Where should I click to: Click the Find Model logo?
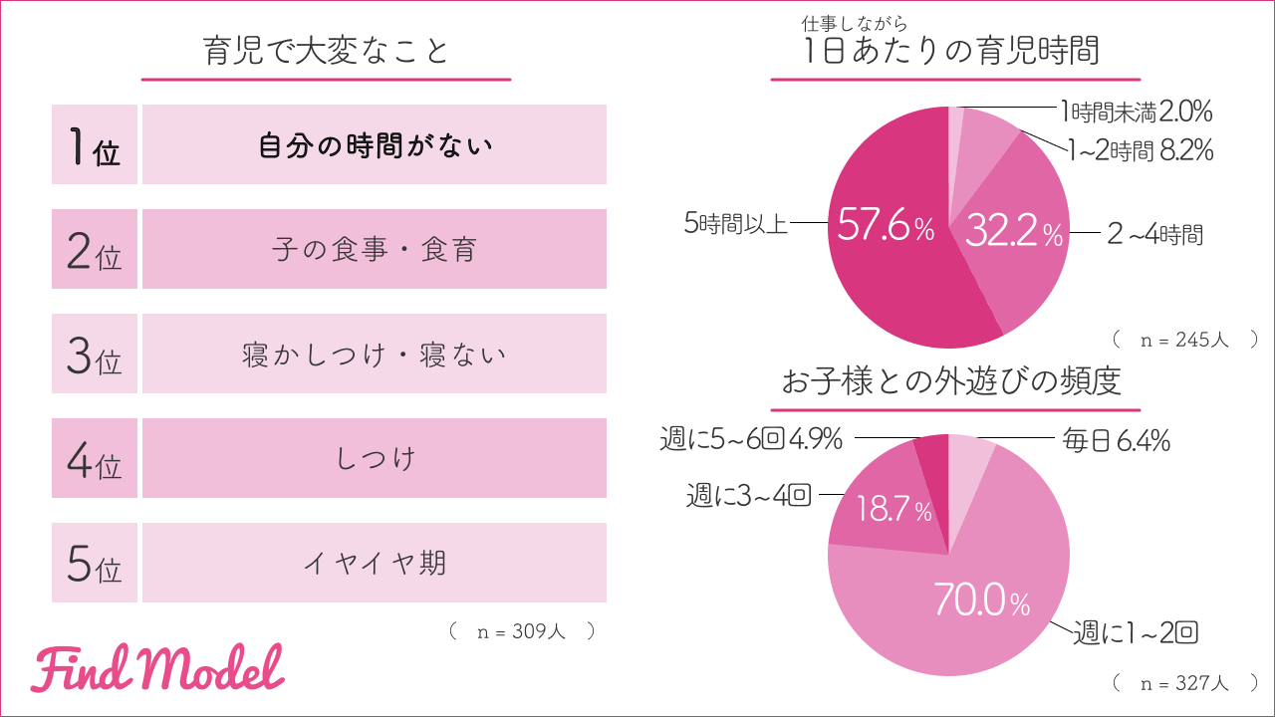[157, 670]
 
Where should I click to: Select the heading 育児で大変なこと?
[326, 51]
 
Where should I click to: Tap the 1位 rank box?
[95, 145]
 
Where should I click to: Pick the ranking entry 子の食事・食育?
[375, 249]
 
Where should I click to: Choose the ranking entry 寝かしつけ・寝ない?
[375, 354]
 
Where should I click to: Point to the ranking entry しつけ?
[375, 458]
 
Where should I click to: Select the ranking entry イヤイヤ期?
[375, 563]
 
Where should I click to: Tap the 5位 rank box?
[95, 564]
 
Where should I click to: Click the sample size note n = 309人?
[522, 631]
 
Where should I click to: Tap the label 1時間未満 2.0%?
[1135, 111]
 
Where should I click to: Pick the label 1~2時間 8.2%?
[1140, 150]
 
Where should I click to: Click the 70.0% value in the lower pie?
[982, 600]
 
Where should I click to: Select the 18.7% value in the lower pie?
[894, 512]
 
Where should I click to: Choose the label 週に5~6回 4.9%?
[752, 438]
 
